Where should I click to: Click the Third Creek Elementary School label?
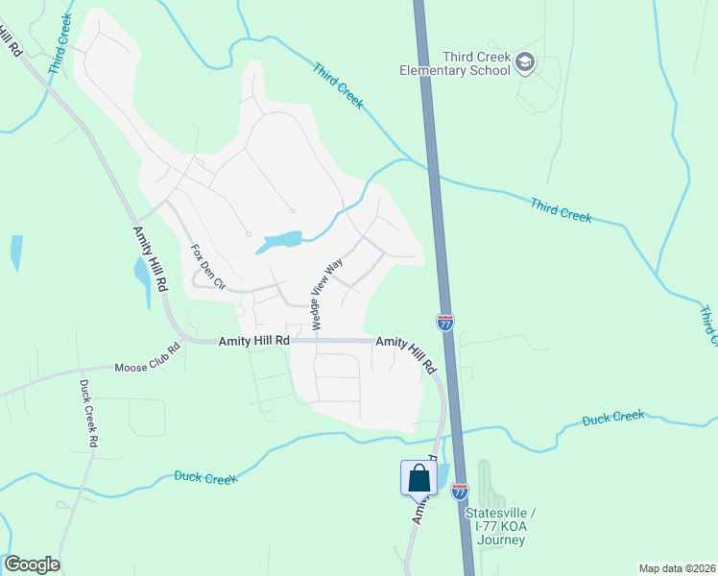464,63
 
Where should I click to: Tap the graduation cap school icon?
525,63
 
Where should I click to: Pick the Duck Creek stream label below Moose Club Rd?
205,477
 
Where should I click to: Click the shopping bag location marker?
419,477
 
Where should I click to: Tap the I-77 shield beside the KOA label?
460,491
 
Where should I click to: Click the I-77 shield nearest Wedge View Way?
445,323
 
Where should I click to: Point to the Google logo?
32,564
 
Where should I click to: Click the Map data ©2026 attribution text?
676,568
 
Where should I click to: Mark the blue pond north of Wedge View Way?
279,243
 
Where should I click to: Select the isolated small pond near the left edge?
16,252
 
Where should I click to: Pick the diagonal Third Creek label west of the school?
338,85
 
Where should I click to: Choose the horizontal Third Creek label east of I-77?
561,210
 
